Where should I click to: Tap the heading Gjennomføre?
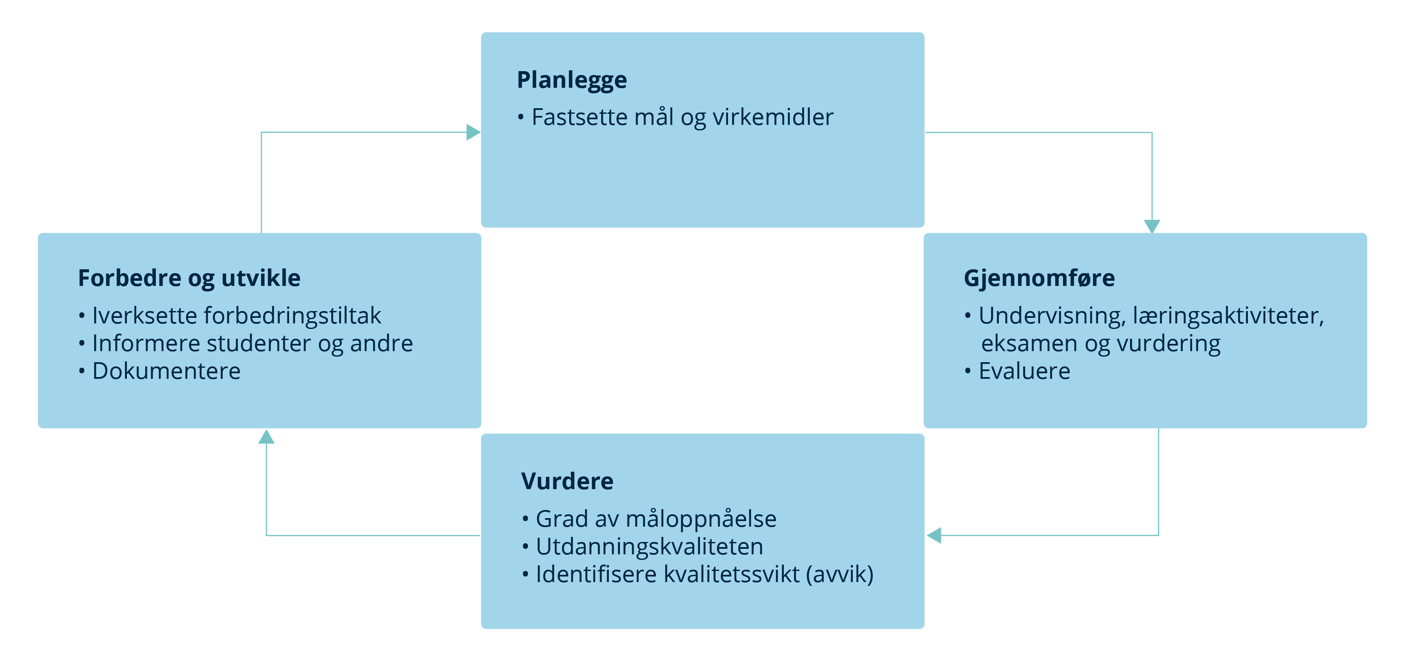click(x=1039, y=279)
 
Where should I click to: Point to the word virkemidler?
click(x=773, y=117)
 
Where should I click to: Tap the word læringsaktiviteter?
click(x=1228, y=317)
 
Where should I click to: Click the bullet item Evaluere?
click(x=1017, y=371)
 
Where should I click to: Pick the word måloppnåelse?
click(x=701, y=519)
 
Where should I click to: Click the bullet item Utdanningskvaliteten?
click(x=642, y=547)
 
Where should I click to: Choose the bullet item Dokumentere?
click(x=160, y=371)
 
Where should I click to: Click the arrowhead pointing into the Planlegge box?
click(x=473, y=132)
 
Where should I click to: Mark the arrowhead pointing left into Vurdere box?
click(x=934, y=535)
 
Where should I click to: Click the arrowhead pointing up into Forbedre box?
click(x=266, y=437)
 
